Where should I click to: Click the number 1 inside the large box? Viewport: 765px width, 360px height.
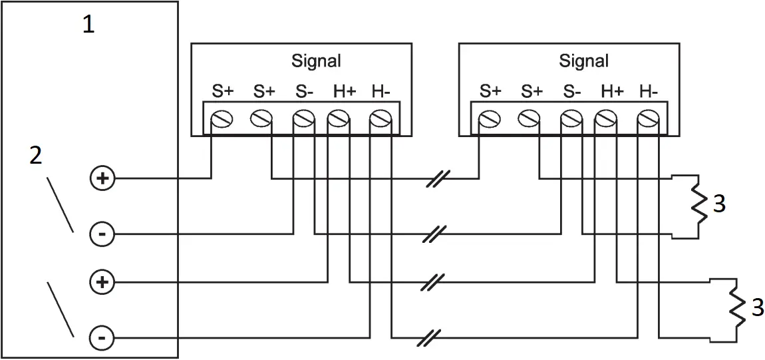[88, 25]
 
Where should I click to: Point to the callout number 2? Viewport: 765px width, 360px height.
[36, 156]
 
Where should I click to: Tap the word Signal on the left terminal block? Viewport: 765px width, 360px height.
[316, 61]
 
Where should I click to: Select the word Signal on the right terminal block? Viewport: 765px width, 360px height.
[583, 61]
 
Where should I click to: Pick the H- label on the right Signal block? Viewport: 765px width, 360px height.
[648, 92]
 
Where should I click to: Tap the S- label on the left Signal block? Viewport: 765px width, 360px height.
[303, 92]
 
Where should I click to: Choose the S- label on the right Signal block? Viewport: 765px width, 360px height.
[571, 92]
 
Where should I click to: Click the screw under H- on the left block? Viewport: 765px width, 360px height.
[379, 119]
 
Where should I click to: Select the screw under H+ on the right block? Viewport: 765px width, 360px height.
[605, 119]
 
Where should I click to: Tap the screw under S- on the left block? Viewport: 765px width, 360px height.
[303, 119]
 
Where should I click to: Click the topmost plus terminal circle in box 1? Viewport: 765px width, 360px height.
[102, 178]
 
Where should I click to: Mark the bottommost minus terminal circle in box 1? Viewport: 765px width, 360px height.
[102, 339]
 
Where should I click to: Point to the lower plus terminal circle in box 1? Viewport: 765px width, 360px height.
[102, 283]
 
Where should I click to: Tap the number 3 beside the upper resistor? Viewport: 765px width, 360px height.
[719, 204]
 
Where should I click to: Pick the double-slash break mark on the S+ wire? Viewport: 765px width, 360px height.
[439, 178]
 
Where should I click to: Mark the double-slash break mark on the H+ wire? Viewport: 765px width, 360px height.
[430, 282]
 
